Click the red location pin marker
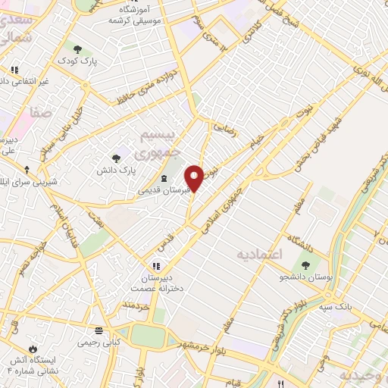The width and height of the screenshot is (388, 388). (x=196, y=177)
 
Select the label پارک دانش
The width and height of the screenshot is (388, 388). (x=116, y=171)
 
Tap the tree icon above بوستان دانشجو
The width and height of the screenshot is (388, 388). (x=306, y=266)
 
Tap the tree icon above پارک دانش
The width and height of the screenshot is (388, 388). (x=116, y=158)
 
